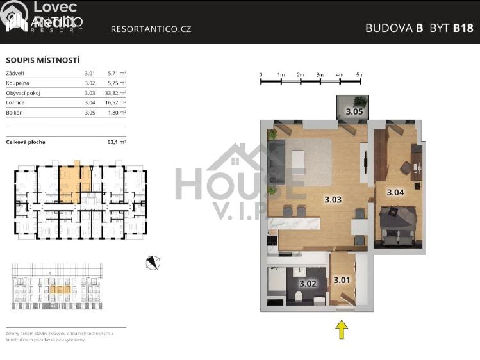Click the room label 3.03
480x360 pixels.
[x=333, y=199]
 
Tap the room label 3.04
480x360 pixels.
[x=395, y=192]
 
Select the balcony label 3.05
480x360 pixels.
[x=354, y=111]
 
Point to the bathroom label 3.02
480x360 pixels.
[x=308, y=283]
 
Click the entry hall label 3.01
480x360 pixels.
[x=342, y=280]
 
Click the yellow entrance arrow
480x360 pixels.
[x=342, y=329]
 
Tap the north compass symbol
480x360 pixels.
[x=153, y=262]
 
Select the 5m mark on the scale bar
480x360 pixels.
[x=360, y=75]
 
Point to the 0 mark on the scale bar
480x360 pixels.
[x=261, y=75]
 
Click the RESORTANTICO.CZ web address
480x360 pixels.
[x=151, y=29]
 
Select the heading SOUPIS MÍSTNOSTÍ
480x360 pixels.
[x=42, y=60]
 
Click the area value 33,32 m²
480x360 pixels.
[x=115, y=92]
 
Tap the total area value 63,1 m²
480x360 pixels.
[x=116, y=142]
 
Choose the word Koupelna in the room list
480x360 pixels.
[x=17, y=83]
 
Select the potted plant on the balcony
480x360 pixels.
[x=361, y=101]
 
